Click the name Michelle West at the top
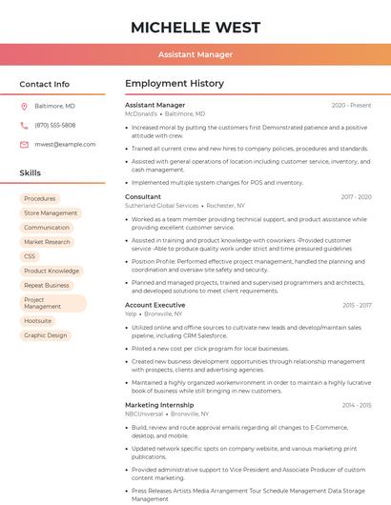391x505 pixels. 195,26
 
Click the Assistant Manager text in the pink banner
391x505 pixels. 195,54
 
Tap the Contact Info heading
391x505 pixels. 45,84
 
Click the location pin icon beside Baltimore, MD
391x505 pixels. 24,106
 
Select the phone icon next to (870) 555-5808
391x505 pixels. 24,125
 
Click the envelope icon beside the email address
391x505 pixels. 24,144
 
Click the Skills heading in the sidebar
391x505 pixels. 31,172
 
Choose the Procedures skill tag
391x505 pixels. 40,198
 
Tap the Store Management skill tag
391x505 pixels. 51,212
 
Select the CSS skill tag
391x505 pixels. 30,256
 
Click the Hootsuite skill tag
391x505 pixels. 38,321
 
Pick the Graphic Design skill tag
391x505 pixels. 46,335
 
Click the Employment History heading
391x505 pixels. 174,84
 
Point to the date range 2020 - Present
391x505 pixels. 351,105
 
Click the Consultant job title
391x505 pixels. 143,196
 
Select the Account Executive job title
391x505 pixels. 155,305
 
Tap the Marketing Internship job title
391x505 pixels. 159,405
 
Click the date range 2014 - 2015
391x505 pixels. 357,405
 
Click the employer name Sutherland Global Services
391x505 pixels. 162,205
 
